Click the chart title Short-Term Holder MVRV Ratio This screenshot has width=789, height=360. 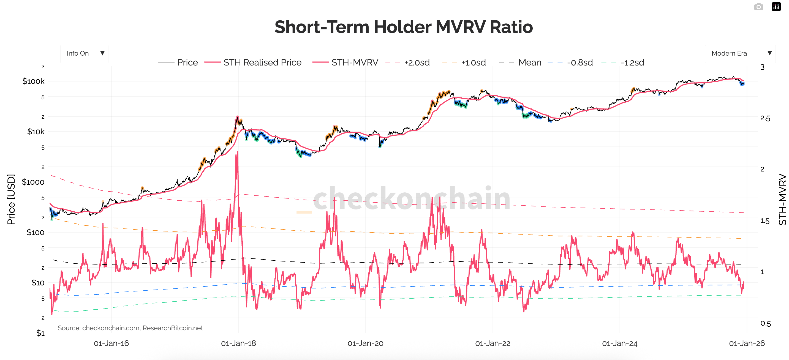[x=403, y=27]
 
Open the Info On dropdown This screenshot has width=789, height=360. [x=84, y=54]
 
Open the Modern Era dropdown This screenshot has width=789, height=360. [x=740, y=54]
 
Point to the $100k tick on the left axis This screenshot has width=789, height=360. [x=33, y=81]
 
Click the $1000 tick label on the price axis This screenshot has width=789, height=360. [x=33, y=182]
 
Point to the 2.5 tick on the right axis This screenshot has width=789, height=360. [x=765, y=118]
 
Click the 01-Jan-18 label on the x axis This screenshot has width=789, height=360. [x=238, y=343]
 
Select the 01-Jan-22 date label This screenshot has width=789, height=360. [x=493, y=343]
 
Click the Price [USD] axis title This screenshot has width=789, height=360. [x=11, y=199]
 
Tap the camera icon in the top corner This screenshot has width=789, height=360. [x=758, y=7]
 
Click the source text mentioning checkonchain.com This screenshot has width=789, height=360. [x=130, y=328]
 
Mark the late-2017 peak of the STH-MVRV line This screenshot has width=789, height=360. [x=237, y=152]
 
